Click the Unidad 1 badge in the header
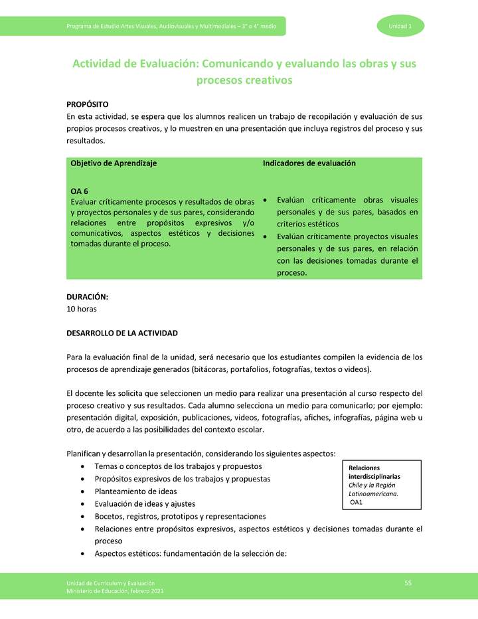(400, 26)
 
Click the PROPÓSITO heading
(87, 105)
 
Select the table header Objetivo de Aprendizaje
(114, 163)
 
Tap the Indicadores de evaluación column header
(309, 163)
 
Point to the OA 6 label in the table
(80, 191)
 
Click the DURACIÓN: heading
(87, 297)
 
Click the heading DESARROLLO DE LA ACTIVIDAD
(122, 333)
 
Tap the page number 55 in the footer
(408, 583)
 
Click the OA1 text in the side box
(357, 502)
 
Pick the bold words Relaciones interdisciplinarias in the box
(374, 472)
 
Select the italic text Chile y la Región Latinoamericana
(373, 489)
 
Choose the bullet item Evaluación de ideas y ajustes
(145, 504)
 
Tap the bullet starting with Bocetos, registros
(180, 517)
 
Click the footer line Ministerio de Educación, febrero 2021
(115, 591)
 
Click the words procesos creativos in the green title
(244, 81)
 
